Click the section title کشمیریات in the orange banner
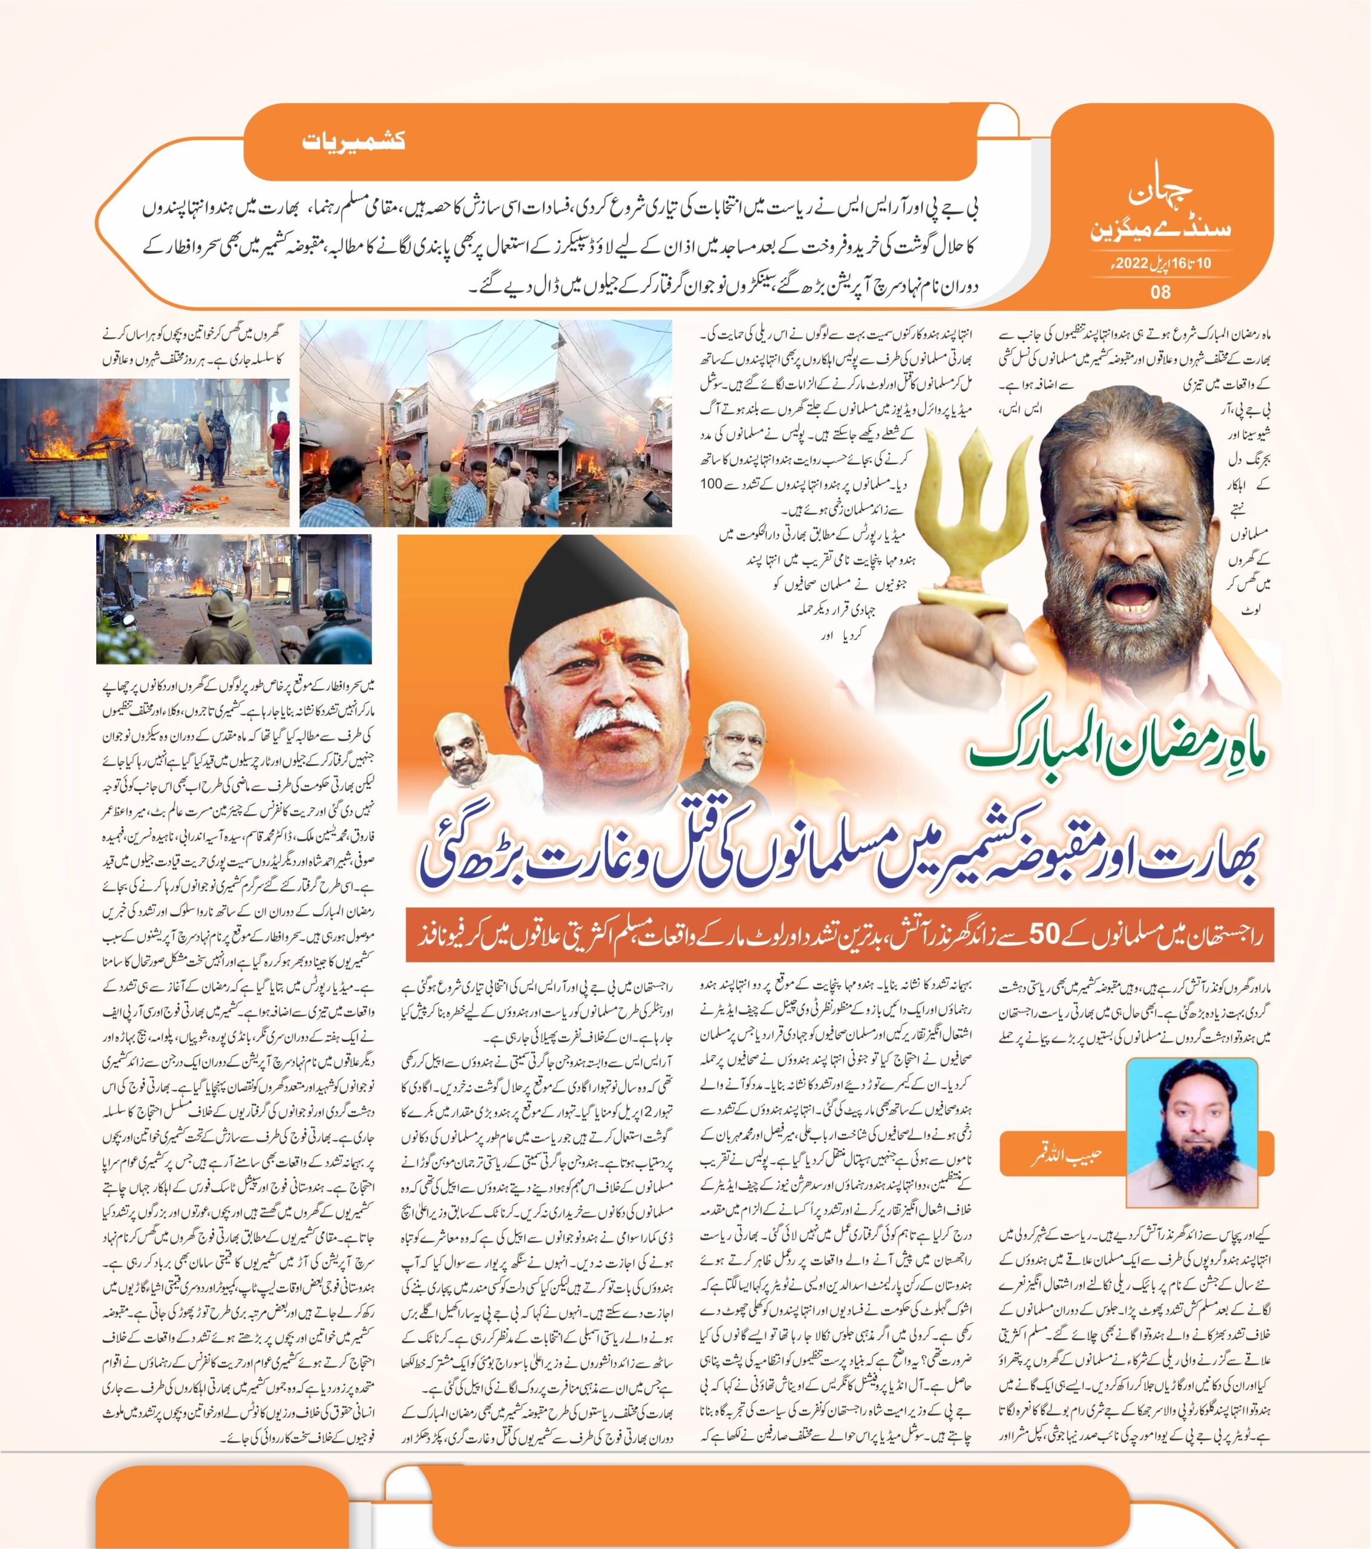353,141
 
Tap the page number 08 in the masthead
1160,291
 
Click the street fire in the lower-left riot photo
201,586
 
